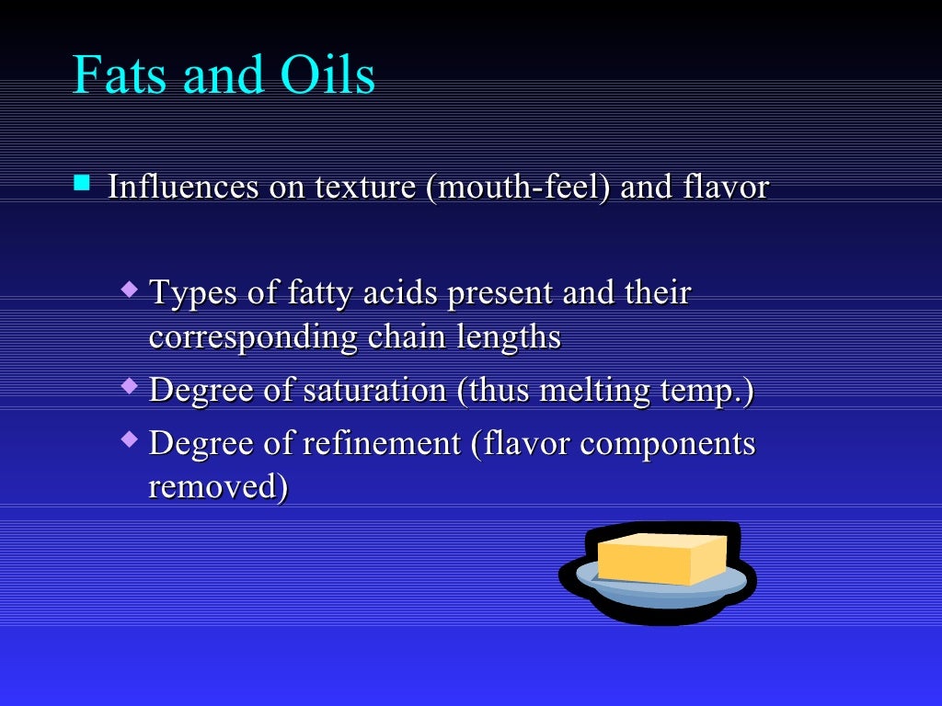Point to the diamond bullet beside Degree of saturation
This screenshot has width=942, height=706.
coord(130,385)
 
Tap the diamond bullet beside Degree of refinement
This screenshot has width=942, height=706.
coord(130,438)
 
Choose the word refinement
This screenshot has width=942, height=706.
coord(383,444)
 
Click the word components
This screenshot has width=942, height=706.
coord(668,445)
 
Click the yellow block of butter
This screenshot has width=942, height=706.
coord(659,557)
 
